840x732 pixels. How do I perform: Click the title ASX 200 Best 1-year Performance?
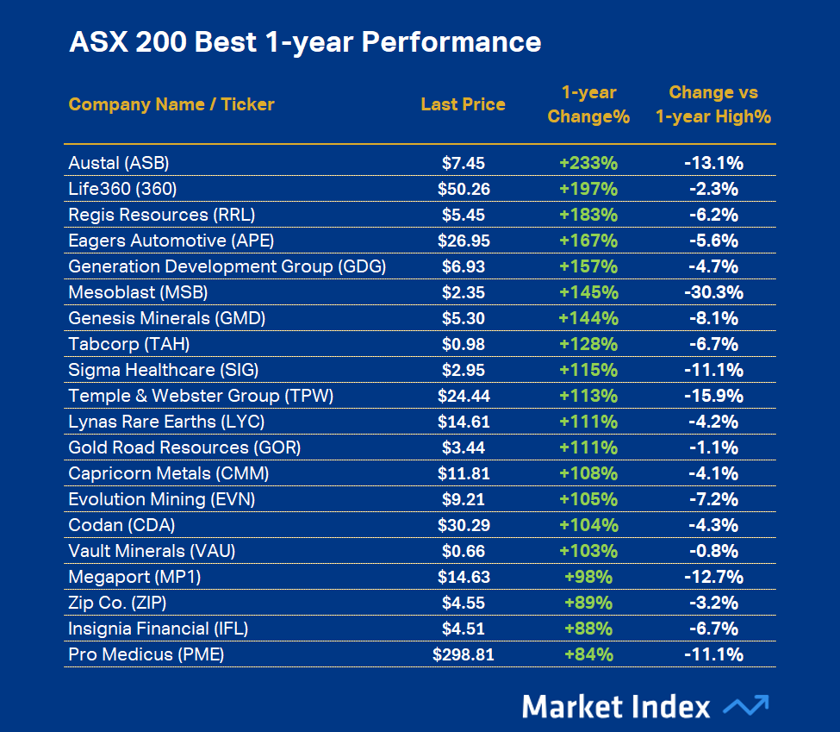(x=305, y=42)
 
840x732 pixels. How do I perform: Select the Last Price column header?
(x=463, y=104)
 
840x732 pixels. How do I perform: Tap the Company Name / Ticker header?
(x=171, y=104)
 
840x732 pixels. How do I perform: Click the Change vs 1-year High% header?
(x=712, y=104)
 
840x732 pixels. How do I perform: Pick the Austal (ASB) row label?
(x=119, y=163)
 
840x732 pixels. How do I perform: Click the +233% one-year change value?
(x=588, y=163)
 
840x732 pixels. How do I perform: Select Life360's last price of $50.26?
(x=463, y=189)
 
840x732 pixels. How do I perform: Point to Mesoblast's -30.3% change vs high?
(x=713, y=292)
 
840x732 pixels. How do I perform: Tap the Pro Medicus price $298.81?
(x=463, y=654)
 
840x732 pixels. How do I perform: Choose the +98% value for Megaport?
(x=588, y=577)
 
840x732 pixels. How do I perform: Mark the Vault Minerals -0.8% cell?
(x=713, y=551)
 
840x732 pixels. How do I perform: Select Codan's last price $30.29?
(x=463, y=525)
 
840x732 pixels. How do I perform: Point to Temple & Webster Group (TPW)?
(x=201, y=396)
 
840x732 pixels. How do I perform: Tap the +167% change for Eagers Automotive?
(x=588, y=241)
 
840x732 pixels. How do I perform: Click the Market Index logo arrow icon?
(x=745, y=706)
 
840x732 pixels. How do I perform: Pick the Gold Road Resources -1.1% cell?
(x=713, y=447)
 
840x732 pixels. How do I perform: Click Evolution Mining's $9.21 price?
(x=463, y=499)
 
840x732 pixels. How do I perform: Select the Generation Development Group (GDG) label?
(x=227, y=266)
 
